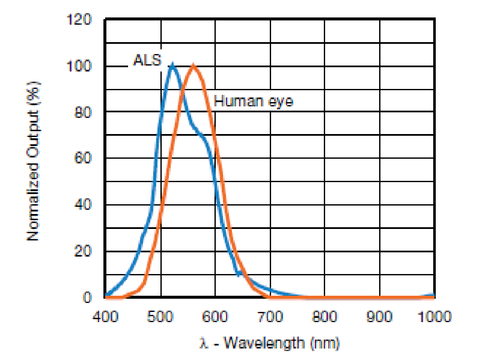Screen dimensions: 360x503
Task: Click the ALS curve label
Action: click(147, 61)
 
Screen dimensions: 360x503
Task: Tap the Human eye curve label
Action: click(253, 101)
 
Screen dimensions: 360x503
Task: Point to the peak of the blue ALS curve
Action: click(172, 65)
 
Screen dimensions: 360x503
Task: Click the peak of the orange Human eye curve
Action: click(194, 65)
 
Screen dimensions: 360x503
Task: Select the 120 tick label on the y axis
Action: click(79, 20)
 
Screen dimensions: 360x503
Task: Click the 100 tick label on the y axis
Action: click(79, 66)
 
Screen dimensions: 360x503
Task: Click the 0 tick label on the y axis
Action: click(86, 297)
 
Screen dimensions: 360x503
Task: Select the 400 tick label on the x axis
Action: click(105, 317)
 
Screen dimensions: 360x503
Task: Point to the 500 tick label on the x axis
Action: click(160, 317)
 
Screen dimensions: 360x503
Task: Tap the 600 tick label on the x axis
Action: click(215, 317)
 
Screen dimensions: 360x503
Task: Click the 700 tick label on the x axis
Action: click(270, 317)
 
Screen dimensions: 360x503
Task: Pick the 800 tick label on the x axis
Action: click(325, 317)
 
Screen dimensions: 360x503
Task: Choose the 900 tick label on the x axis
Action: click(380, 317)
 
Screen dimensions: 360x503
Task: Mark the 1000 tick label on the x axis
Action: click(434, 317)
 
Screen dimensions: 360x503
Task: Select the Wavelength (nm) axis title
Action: click(269, 342)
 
